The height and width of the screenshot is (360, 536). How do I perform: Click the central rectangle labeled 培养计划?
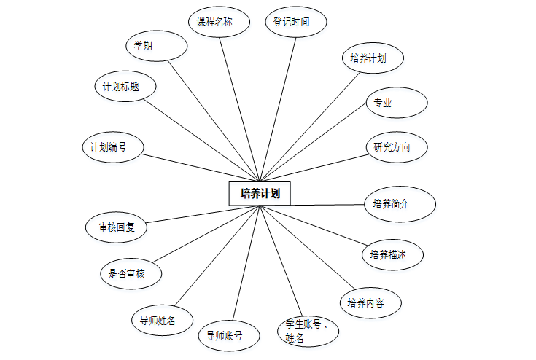(x=260, y=194)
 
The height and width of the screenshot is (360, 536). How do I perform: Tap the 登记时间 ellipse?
(x=295, y=22)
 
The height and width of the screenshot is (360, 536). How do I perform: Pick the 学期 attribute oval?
(x=156, y=46)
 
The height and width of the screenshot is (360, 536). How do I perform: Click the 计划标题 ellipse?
(x=125, y=87)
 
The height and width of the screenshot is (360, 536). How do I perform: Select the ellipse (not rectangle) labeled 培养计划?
(x=373, y=59)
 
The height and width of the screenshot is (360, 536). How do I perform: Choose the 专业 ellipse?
(x=395, y=103)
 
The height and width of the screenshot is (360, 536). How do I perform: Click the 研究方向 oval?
(x=395, y=147)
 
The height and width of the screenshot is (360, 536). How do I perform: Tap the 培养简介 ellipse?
(x=400, y=204)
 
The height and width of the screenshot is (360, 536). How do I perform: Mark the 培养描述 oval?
(x=392, y=254)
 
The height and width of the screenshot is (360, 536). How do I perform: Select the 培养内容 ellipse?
(x=370, y=302)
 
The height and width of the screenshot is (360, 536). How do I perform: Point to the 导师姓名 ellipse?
(x=162, y=319)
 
